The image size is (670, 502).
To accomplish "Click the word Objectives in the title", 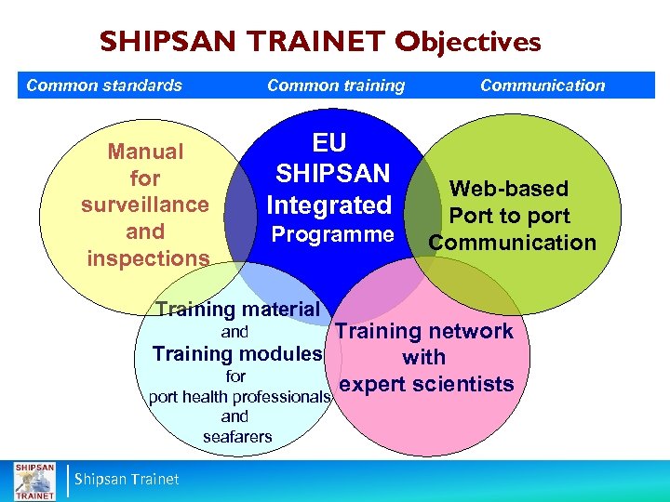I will coord(467,43).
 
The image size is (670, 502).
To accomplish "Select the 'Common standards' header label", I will coord(104,86).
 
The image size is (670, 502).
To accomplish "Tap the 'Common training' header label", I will coord(336,86).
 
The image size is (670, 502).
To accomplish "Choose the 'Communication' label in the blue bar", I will coord(543,86).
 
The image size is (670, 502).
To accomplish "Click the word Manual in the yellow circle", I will coord(146,151).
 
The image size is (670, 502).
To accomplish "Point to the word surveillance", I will coord(146,205).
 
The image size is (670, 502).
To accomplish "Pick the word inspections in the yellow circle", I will coord(148,258).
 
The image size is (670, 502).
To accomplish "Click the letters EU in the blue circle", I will coord(328,142).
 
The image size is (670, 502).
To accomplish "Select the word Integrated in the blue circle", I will coord(328,205).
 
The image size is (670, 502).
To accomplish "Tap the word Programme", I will coord(331,234).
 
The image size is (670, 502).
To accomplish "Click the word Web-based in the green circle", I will coord(508,189).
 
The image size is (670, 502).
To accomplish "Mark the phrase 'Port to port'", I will coord(509,216).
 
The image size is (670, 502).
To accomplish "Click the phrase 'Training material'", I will coord(238,310).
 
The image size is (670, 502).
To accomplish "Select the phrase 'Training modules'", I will coord(237,354).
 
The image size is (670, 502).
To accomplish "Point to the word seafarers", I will coord(237,436).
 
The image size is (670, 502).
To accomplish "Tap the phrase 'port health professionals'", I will coord(240,397).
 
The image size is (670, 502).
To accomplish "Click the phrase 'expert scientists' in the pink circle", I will coord(427,384).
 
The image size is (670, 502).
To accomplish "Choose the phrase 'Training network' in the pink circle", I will coord(424,331).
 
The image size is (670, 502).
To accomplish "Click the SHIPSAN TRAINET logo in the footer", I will coord(33,480).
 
